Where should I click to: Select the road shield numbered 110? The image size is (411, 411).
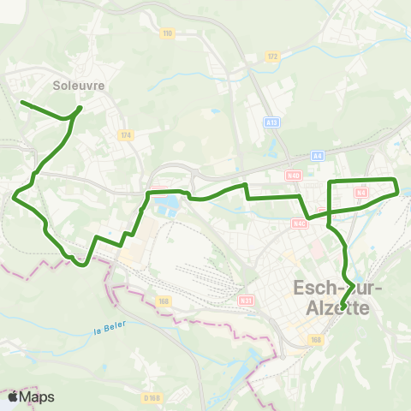pos(167,33)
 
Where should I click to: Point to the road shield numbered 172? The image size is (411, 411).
pos(272,57)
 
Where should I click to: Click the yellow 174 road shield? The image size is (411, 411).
pos(126,135)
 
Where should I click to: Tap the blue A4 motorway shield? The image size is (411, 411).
pos(317,155)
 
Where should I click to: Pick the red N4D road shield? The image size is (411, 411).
pos(294,176)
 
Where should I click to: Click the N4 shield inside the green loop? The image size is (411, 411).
pos(361,194)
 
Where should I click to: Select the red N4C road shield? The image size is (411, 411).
pos(299,223)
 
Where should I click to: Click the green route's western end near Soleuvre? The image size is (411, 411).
pos(21,103)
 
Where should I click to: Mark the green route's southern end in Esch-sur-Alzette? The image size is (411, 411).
pos(341,307)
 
